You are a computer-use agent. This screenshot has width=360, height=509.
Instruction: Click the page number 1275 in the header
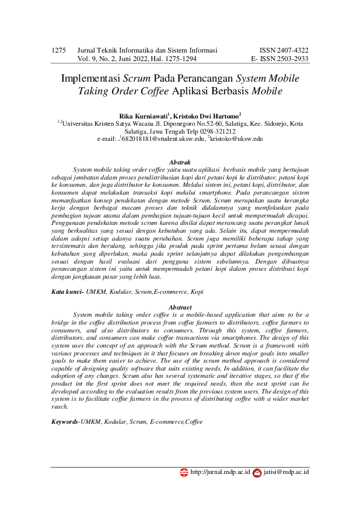(59, 50)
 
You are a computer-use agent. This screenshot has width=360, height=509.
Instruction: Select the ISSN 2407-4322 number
(284, 50)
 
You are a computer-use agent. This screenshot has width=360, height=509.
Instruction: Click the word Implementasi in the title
(91, 79)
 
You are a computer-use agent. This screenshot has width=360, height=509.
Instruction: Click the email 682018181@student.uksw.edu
(162, 138)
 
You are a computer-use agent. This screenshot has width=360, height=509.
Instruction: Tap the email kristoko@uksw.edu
(237, 138)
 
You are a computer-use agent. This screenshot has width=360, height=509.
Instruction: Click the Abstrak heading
(180, 162)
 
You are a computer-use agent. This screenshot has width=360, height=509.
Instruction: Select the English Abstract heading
(180, 307)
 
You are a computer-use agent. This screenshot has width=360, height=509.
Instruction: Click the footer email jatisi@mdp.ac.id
(286, 472)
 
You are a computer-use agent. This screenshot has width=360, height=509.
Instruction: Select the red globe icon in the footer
(184, 472)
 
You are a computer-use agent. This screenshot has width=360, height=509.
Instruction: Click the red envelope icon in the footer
(257, 472)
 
